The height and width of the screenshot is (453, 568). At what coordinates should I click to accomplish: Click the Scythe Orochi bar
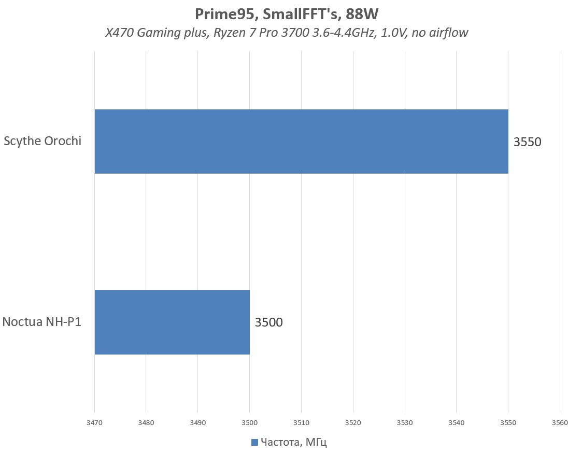coord(301,141)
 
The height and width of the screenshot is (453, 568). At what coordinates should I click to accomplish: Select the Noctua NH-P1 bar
coord(172,322)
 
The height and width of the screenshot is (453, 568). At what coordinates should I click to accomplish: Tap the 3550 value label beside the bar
coord(527,141)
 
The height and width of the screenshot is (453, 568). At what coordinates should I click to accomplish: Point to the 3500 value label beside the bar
coord(268,322)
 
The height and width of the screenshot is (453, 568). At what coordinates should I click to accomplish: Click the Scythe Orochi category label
coord(42,141)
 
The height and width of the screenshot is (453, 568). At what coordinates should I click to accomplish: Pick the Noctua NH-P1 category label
coord(42,322)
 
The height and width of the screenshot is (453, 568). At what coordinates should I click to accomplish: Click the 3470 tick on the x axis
coord(94,422)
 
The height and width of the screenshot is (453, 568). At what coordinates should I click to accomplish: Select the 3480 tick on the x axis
coord(146,422)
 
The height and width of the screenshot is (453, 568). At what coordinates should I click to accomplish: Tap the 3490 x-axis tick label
coord(198,422)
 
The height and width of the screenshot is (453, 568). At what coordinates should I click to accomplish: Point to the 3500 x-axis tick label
coord(249,422)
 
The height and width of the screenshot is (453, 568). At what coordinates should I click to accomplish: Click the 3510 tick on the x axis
coord(301,422)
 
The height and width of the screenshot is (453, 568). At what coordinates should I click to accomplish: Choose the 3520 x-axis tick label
coord(353,422)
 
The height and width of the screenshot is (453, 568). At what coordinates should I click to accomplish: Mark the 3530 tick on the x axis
coord(405,422)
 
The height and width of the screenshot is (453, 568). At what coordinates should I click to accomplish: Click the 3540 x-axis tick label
coord(456,422)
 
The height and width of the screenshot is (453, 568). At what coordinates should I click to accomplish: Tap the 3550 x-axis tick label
coord(508,422)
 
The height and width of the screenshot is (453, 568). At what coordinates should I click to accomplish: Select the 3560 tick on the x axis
coord(560,422)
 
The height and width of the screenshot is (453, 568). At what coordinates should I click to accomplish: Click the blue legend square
coord(254,442)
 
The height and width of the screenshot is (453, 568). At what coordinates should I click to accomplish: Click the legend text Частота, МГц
coord(294,442)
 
